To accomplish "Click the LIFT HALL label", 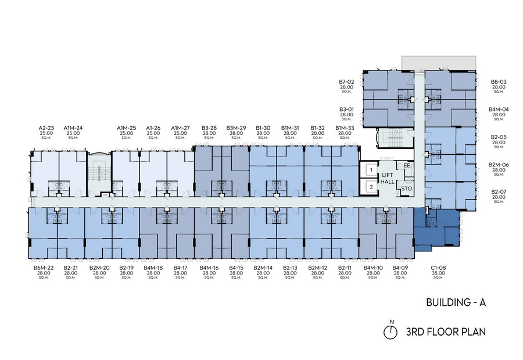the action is pyautogui.click(x=388, y=179).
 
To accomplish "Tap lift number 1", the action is pyautogui.click(x=371, y=170).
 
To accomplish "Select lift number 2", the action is pyautogui.click(x=371, y=187).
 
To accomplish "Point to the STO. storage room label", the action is pyautogui.click(x=407, y=188).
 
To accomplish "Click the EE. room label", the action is pyautogui.click(x=407, y=165).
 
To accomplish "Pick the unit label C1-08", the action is pyautogui.click(x=438, y=268).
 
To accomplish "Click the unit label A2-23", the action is pyautogui.click(x=46, y=128).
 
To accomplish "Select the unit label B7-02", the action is pyautogui.click(x=346, y=82).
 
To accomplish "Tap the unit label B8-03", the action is pyautogui.click(x=499, y=82).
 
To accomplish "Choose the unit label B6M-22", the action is pyautogui.click(x=44, y=268).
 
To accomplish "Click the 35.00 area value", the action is pyautogui.click(x=438, y=273).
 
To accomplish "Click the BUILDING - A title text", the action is pyautogui.click(x=456, y=302).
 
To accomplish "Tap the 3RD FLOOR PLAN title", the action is pyautogui.click(x=446, y=332).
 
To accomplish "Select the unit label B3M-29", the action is pyautogui.click(x=236, y=128).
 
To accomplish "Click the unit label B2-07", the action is pyautogui.click(x=499, y=192).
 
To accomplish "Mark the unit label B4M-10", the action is pyautogui.click(x=373, y=268).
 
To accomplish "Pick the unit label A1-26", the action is pyautogui.click(x=153, y=128).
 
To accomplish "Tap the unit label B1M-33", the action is pyautogui.click(x=345, y=128).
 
